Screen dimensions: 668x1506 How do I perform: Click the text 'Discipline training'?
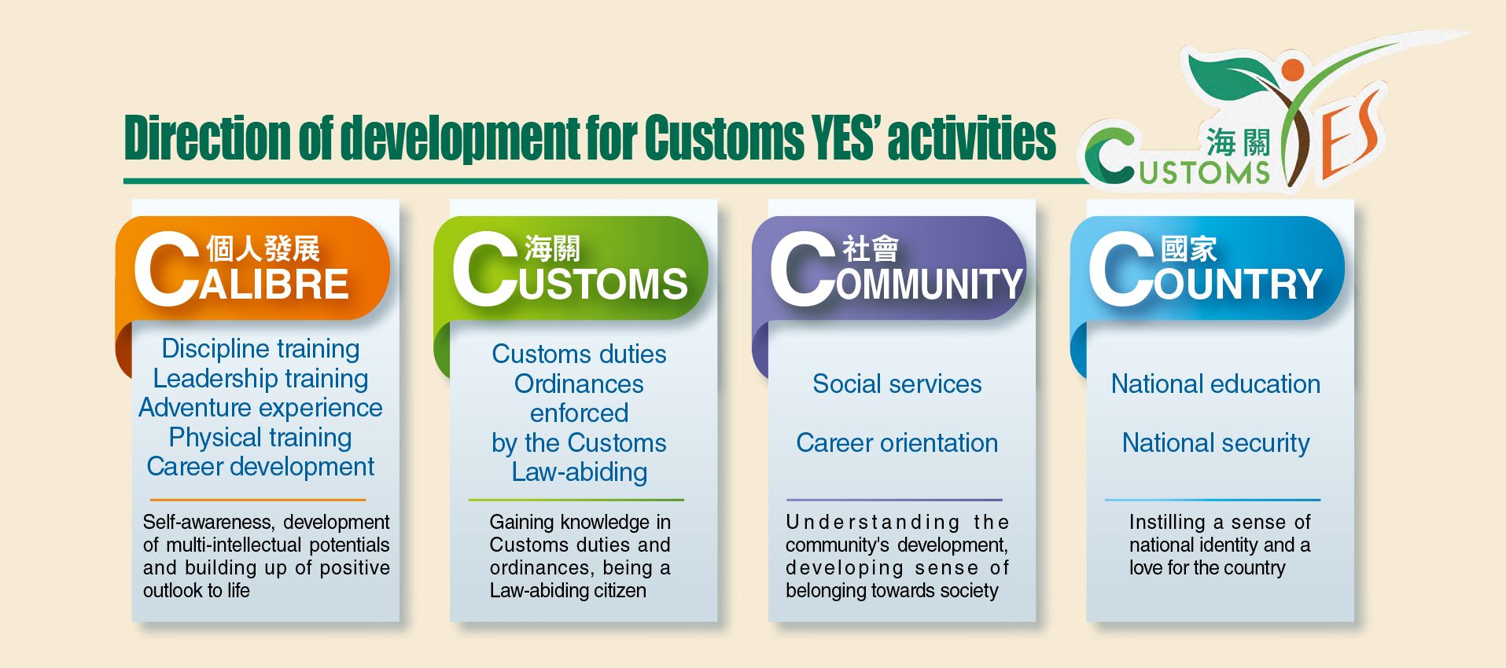[260, 348]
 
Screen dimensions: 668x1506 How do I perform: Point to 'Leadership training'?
[260, 378]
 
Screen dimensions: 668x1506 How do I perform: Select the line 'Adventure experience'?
[260, 408]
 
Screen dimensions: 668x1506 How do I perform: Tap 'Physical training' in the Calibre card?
[260, 437]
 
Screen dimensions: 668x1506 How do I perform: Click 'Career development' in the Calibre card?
[260, 467]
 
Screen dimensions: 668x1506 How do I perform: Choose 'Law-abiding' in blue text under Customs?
[580, 472]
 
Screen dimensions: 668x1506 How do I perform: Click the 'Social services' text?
[897, 384]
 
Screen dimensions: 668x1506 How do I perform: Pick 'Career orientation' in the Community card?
[897, 443]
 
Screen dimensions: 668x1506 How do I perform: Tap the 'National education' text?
[1216, 384]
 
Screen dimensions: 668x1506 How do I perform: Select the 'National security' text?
[1216, 443]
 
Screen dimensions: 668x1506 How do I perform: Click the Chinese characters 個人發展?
[263, 249]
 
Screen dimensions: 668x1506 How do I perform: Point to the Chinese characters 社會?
[870, 249]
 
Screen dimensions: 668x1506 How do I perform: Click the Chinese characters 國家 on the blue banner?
[1188, 249]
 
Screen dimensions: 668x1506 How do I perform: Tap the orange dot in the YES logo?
[1292, 70]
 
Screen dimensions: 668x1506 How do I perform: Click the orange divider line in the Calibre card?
[258, 500]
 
